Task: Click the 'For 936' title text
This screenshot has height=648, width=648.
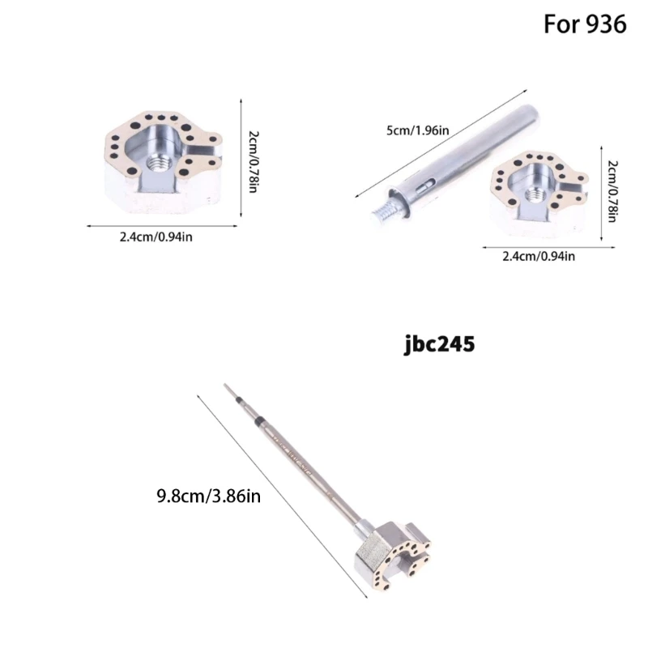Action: coord(584,24)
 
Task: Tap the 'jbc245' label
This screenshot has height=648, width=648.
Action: coord(439,344)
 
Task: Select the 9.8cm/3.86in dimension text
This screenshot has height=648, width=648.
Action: coord(209,496)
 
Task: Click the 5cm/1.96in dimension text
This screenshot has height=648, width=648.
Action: coord(417,130)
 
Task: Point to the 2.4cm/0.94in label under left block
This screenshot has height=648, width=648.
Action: coord(156,237)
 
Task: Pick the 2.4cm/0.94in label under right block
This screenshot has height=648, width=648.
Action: coord(539,257)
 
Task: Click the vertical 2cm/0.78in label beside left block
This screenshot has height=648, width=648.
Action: coord(254,161)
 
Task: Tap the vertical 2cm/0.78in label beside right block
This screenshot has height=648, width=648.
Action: coord(613,191)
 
